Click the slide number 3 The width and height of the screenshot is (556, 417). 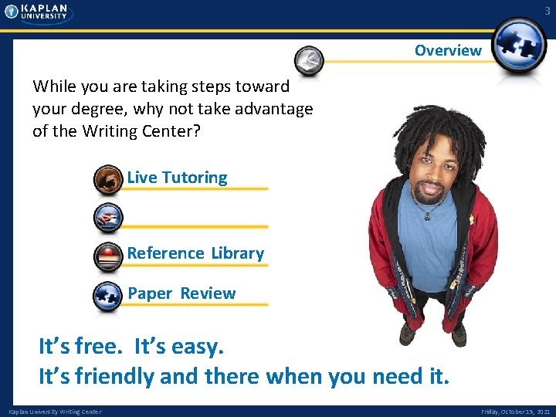[546, 11]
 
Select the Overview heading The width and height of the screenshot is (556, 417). [448, 51]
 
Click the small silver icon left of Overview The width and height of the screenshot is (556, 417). [310, 59]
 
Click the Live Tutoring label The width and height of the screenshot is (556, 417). [177, 178]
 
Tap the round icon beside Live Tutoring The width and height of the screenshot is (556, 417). [108, 179]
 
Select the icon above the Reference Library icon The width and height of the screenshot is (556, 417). [108, 218]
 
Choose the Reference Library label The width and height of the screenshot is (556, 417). [195, 253]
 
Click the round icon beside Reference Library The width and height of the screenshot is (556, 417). [108, 256]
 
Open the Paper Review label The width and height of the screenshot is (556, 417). [181, 293]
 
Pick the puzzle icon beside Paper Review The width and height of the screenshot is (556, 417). [108, 296]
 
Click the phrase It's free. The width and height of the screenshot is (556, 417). [80, 347]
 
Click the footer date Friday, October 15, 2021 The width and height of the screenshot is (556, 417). [516, 412]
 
